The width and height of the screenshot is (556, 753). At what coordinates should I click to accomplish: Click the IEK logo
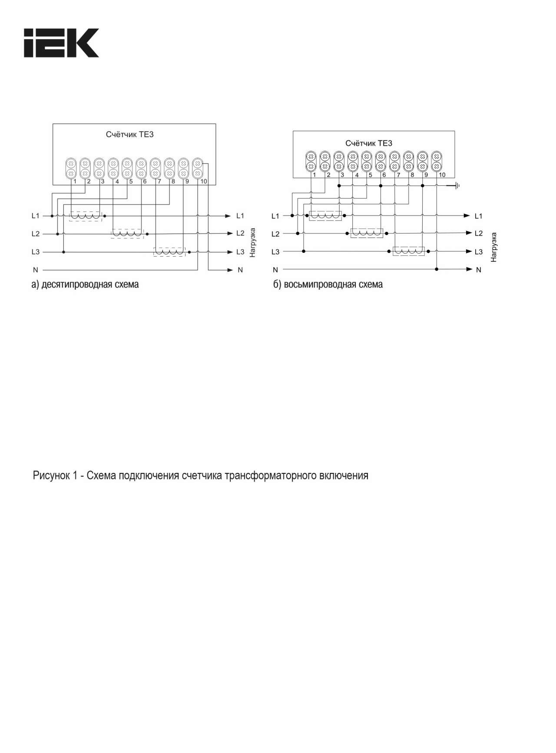(x=61, y=43)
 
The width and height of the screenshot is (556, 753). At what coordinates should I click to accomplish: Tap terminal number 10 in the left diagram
(x=198, y=168)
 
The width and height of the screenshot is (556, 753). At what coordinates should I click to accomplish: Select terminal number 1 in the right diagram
(x=311, y=161)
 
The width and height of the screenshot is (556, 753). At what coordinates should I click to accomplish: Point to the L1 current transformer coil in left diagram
(x=86, y=216)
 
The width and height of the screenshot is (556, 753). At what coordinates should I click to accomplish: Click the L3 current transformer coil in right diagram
(x=408, y=251)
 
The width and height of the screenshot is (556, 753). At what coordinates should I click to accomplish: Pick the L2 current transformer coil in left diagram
(x=127, y=234)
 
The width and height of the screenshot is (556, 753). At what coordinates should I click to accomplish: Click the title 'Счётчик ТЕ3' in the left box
(x=129, y=135)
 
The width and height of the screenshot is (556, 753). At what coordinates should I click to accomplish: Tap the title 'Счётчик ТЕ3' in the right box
(x=368, y=143)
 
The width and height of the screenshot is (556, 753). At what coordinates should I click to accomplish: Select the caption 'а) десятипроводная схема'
(x=85, y=285)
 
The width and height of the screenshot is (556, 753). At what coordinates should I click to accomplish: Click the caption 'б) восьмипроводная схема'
(x=328, y=285)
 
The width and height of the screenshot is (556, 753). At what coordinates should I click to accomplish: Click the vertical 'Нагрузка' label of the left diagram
(x=253, y=243)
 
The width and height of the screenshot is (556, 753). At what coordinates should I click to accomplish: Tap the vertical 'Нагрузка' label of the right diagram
(x=493, y=247)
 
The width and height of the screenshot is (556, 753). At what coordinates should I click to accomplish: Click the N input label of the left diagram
(x=36, y=270)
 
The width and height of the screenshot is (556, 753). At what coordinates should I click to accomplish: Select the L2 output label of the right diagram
(x=479, y=233)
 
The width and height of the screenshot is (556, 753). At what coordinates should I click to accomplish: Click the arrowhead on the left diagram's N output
(x=230, y=270)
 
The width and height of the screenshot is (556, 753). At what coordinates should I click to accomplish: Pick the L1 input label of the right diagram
(x=275, y=216)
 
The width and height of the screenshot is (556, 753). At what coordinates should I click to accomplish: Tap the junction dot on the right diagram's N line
(x=437, y=269)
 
